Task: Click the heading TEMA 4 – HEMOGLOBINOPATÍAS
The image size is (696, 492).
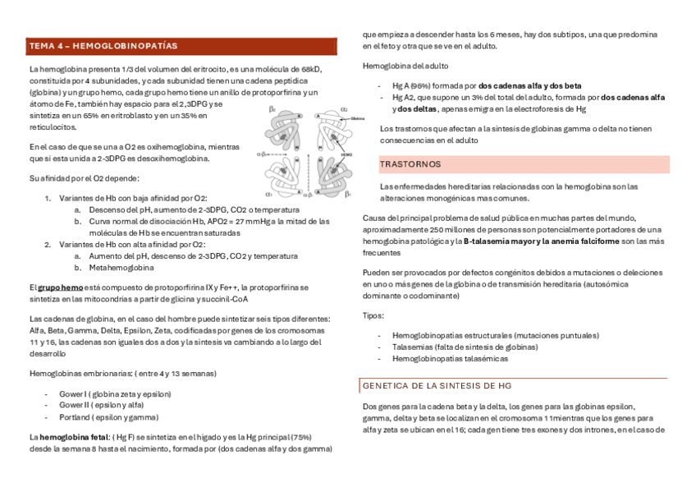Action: click(x=103, y=46)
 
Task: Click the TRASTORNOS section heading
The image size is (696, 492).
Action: click(x=411, y=165)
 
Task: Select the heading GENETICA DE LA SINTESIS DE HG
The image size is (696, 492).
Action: click(x=437, y=385)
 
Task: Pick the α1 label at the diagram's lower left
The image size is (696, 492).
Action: click(x=268, y=195)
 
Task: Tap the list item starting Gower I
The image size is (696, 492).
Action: click(x=114, y=394)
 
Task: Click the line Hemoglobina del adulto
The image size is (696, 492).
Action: click(x=405, y=66)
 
